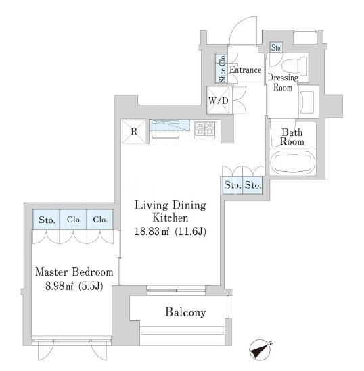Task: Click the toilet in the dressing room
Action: (294, 66)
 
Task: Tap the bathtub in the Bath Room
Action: (293, 162)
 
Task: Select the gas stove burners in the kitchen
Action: (204, 130)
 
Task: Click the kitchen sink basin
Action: (165, 129)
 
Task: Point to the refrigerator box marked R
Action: (134, 131)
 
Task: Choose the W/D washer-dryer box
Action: (218, 100)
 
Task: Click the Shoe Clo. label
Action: (223, 68)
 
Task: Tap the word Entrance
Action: (246, 70)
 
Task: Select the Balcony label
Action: (185, 312)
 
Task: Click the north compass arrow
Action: (260, 350)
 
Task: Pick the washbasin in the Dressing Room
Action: (307, 102)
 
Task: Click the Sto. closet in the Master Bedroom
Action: (47, 220)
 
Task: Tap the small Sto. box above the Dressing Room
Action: (276, 47)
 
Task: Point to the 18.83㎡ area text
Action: (152, 231)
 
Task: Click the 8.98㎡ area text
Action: (59, 287)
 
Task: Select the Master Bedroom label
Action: (74, 272)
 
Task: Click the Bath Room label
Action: (292, 137)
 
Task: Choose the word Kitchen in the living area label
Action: (170, 218)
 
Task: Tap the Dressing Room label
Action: (283, 82)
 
